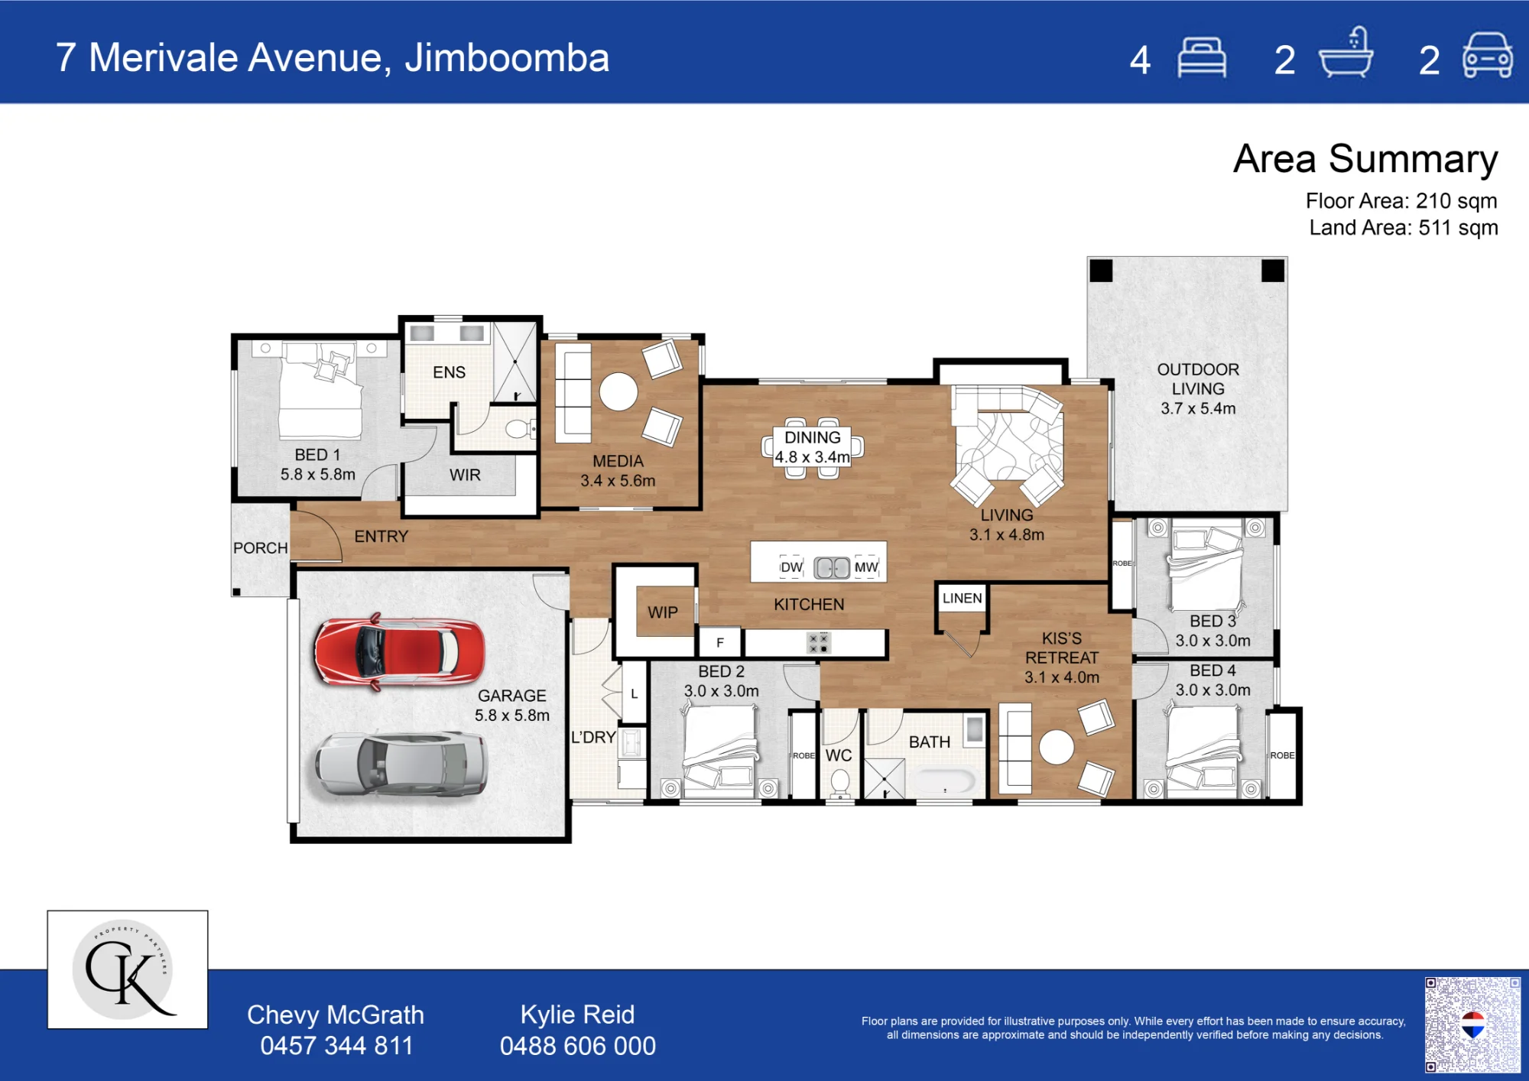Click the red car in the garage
(400, 652)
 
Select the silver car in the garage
(401, 764)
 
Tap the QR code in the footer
(1472, 1024)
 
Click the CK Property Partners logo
(128, 969)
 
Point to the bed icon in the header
(1202, 57)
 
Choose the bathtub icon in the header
(1346, 53)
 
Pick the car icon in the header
(1487, 55)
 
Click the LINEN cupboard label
(962, 598)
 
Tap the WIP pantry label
(663, 612)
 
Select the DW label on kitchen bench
(791, 567)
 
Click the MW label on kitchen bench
(866, 567)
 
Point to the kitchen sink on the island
(832, 567)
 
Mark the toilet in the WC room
(839, 784)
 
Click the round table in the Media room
(618, 392)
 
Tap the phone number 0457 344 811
(336, 1045)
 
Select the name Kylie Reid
(577, 1014)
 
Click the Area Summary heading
(1365, 159)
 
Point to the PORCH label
(261, 548)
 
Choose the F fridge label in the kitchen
(720, 643)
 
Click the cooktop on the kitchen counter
(818, 643)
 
